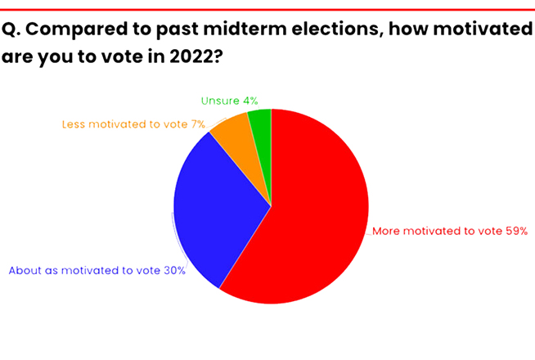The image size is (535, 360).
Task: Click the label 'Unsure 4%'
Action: (229, 101)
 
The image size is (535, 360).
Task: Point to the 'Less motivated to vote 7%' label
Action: (133, 124)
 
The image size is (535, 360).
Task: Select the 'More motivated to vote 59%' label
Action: (450, 231)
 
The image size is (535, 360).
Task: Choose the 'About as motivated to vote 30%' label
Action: (97, 271)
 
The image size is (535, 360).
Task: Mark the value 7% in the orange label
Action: (198, 124)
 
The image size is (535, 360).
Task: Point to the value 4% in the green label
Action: (250, 101)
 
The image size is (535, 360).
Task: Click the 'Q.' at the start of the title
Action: (11, 29)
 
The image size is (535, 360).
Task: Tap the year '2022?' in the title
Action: (196, 56)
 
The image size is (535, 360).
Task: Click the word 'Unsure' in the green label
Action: (220, 101)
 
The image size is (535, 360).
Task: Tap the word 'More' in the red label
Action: (386, 231)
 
